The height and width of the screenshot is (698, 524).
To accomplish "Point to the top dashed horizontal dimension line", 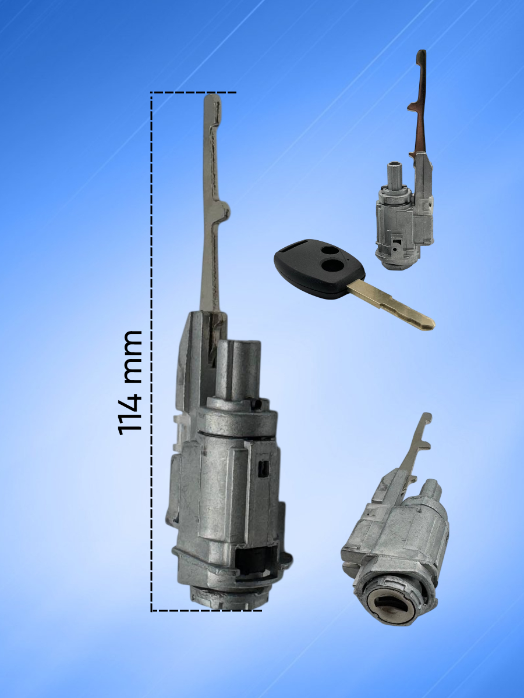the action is pyautogui.click(x=194, y=92).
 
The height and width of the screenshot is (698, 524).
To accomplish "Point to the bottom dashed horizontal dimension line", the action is pyautogui.click(x=206, y=611).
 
